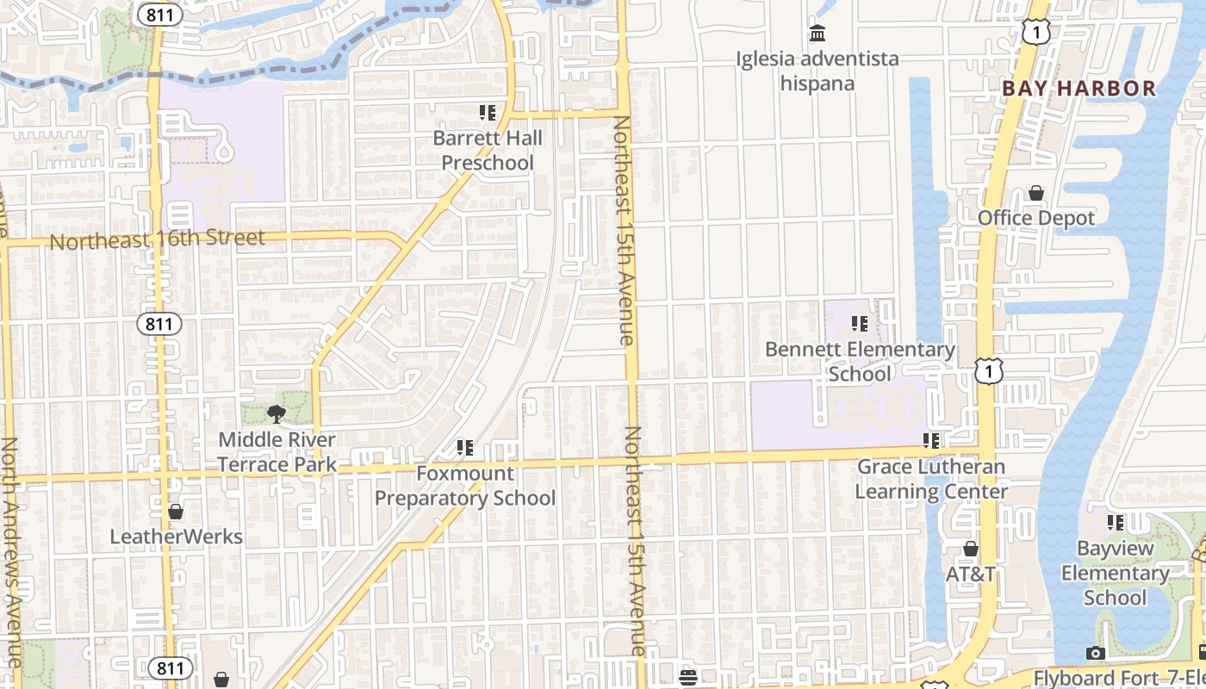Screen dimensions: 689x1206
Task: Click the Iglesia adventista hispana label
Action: pos(817,71)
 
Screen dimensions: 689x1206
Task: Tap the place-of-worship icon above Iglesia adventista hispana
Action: pos(817,34)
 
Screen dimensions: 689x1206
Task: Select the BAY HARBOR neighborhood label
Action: pos(1079,88)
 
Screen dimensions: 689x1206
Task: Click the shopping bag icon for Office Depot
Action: pos(1036,193)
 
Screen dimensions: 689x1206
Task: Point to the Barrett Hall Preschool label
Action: pos(488,151)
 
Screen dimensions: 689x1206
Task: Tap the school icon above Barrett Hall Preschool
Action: pos(488,113)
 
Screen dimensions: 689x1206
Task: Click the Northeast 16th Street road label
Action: pos(157,239)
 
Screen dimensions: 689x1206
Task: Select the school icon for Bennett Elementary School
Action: pos(859,324)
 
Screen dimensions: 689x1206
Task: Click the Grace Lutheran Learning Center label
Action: pos(931,479)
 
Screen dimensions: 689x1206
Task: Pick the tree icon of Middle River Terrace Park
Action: pos(277,414)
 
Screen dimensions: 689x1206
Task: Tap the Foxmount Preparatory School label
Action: pos(465,486)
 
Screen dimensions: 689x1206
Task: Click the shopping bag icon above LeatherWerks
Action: pos(176,512)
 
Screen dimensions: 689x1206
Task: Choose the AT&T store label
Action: pos(971,574)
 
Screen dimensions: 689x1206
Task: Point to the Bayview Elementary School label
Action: pos(1115,573)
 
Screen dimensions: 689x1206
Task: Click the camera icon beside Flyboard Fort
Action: pos(1096,653)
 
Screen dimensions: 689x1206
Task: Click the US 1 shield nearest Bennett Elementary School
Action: pos(989,371)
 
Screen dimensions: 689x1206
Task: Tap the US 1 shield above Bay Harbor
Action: pos(1035,32)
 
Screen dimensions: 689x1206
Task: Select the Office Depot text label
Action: pos(1036,218)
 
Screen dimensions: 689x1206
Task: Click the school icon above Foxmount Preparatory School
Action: pos(465,447)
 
